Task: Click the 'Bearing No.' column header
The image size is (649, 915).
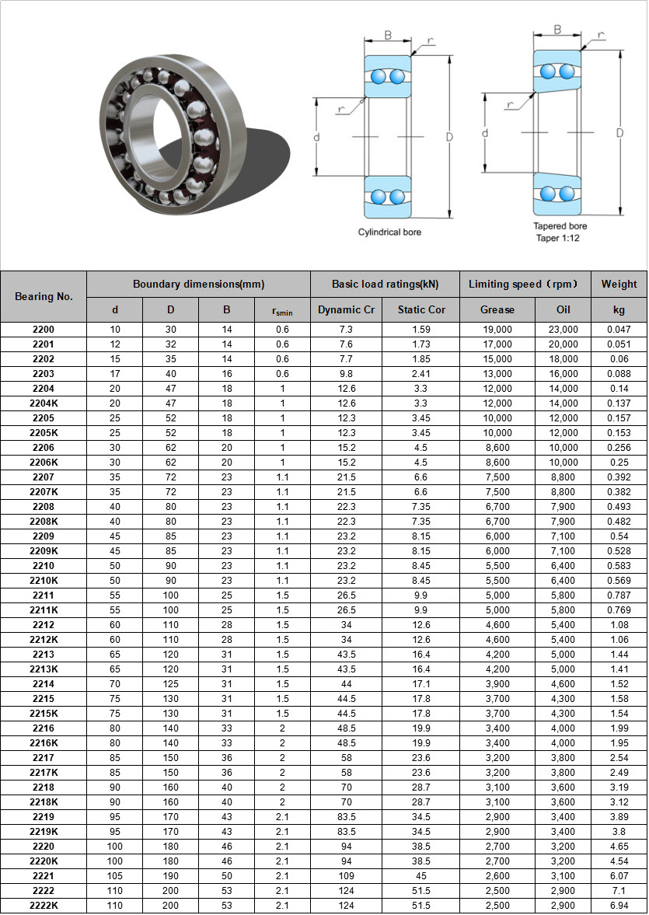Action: tap(44, 296)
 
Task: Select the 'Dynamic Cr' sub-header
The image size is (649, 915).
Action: tap(346, 309)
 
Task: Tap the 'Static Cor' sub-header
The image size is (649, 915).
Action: tap(421, 309)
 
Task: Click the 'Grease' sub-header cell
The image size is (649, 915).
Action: tap(497, 309)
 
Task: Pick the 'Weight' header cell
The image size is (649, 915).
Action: tap(619, 284)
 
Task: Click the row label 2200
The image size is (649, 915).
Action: tap(44, 330)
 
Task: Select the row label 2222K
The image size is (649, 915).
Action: tap(44, 906)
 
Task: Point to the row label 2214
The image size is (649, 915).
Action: tap(44, 684)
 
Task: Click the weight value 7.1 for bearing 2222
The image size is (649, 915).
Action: tap(619, 891)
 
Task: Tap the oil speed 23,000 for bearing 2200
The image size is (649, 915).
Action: tap(564, 330)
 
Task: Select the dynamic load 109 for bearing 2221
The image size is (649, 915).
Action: tap(346, 876)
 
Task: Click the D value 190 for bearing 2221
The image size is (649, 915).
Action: tap(171, 876)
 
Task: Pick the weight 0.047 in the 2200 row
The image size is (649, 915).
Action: tap(619, 330)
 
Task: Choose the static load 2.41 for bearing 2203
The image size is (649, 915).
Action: tap(421, 374)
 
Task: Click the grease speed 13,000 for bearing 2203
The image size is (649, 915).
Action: tap(497, 374)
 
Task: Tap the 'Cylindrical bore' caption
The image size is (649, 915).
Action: tap(389, 232)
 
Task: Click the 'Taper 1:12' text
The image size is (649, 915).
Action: tap(558, 238)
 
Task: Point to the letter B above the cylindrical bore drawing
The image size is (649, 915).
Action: tap(388, 36)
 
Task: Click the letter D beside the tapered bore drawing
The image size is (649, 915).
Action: tap(619, 133)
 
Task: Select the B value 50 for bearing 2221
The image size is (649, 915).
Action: tap(227, 876)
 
